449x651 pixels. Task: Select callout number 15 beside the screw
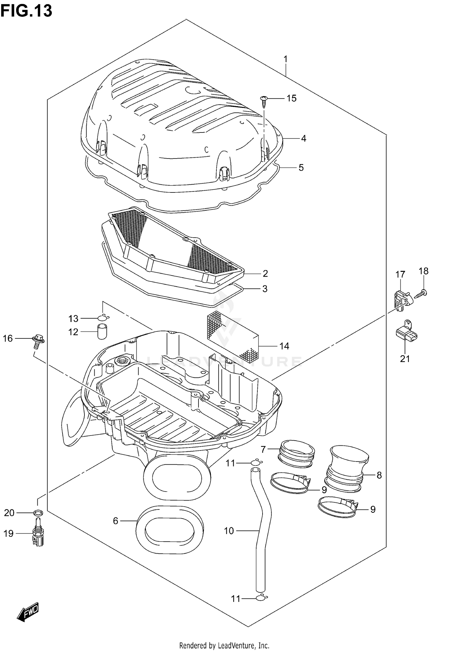click(291, 98)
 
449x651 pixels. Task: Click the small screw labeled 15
click(264, 100)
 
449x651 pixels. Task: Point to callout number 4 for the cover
click(304, 138)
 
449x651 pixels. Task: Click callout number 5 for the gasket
click(301, 167)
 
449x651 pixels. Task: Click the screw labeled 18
click(422, 293)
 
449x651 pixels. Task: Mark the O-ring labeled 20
click(38, 513)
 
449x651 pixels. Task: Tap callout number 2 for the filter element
click(265, 273)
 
